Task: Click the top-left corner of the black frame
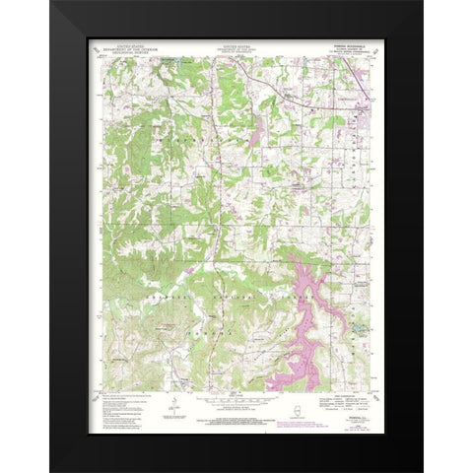point(51,2)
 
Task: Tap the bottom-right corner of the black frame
point(422,470)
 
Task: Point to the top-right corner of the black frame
point(422,2)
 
